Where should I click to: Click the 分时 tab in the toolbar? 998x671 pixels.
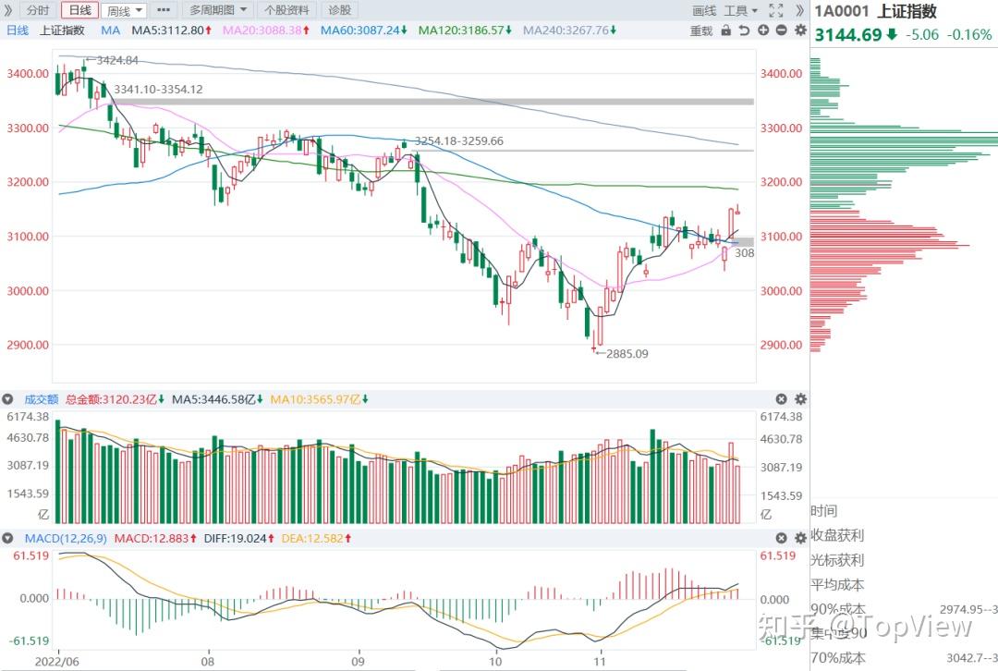(x=38, y=10)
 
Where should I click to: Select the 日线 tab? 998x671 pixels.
(x=79, y=10)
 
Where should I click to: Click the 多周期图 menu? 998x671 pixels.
(x=218, y=10)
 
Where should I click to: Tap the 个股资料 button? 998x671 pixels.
(x=286, y=10)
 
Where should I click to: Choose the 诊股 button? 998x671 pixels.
(x=339, y=10)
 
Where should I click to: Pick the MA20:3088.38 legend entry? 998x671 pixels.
(x=263, y=30)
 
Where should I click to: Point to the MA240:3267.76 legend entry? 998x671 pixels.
(x=567, y=30)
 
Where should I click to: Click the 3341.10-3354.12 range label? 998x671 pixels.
(x=158, y=90)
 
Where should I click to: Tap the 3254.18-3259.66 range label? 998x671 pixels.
(x=458, y=140)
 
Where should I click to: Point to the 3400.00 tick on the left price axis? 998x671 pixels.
(x=27, y=74)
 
